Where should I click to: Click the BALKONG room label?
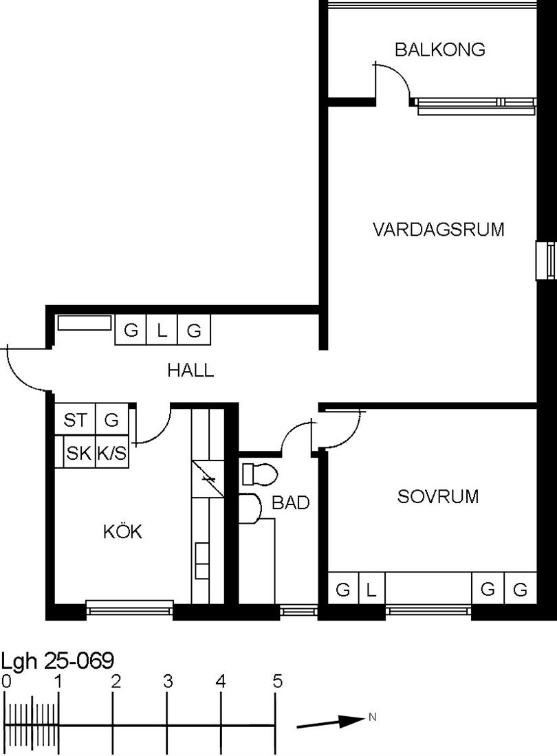click(x=440, y=49)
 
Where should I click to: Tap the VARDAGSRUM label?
click(x=438, y=229)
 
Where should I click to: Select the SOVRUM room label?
click(x=438, y=496)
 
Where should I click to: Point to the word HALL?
click(x=190, y=370)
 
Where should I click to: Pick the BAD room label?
click(x=291, y=502)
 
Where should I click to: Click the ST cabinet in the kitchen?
click(x=75, y=420)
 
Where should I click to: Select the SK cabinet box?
click(x=79, y=452)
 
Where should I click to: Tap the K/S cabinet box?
click(x=112, y=452)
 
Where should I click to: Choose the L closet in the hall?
click(x=162, y=331)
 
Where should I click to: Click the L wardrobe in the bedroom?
click(x=372, y=588)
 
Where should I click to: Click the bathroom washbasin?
click(x=250, y=509)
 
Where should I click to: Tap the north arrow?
click(x=330, y=722)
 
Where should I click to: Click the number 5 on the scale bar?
click(x=277, y=681)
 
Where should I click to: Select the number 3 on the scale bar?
click(x=167, y=681)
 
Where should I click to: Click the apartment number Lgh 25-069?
click(x=58, y=660)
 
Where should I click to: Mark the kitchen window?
click(x=129, y=608)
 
